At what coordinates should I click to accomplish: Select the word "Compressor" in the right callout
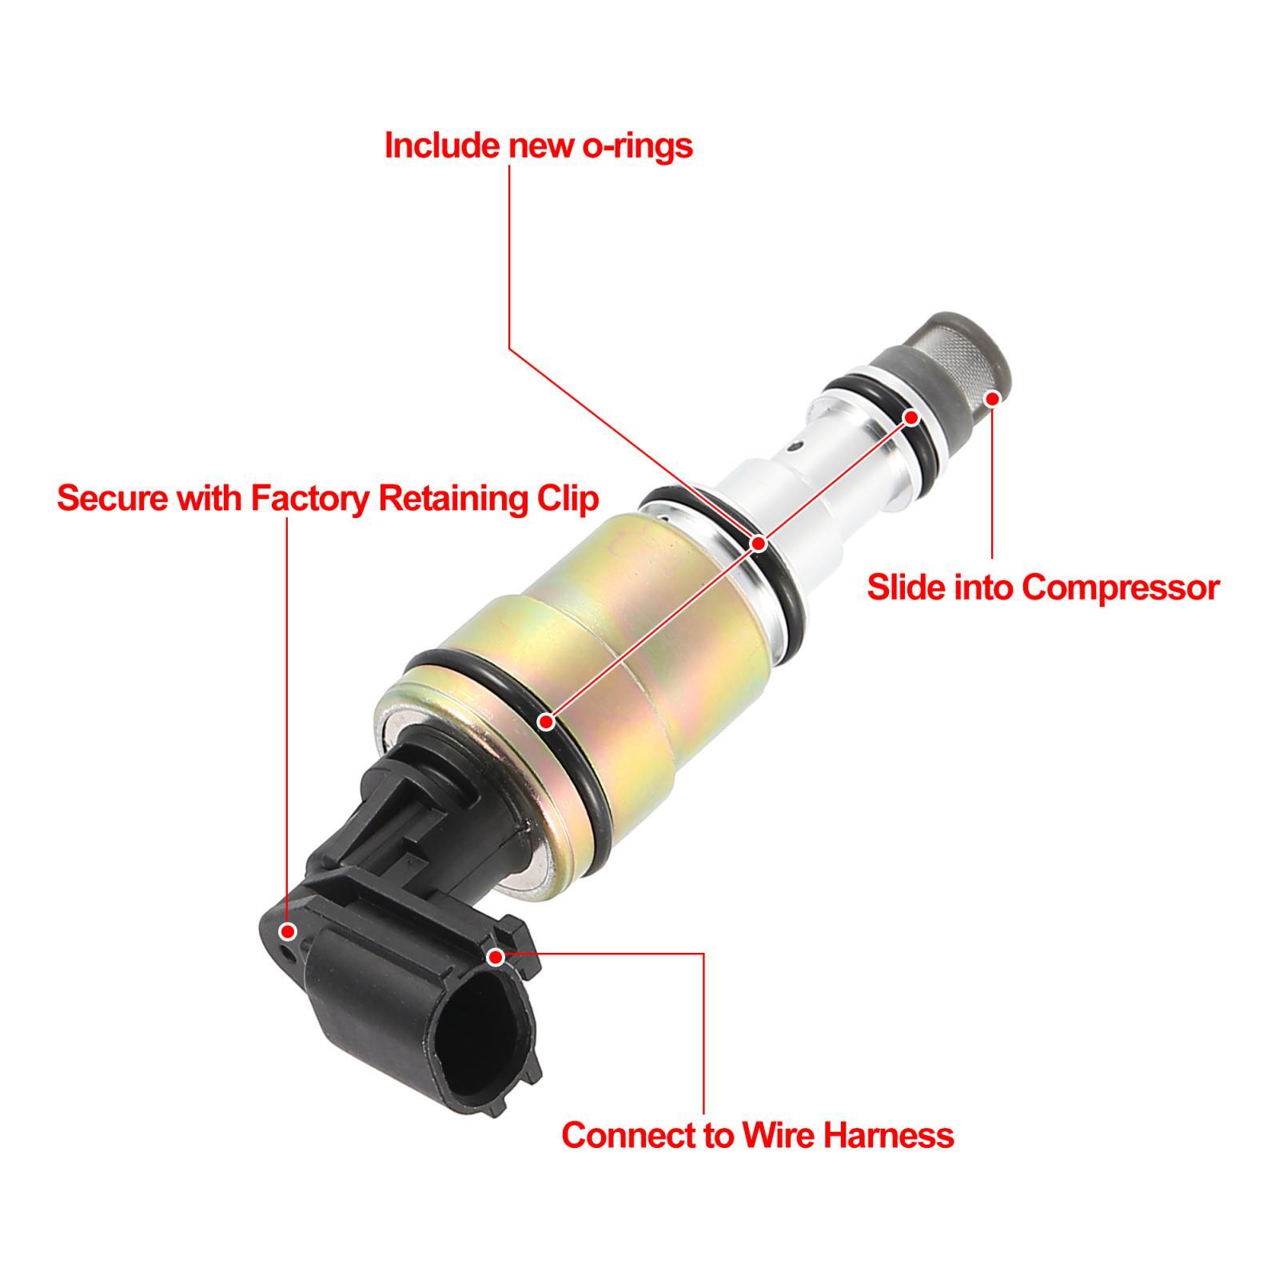(1121, 588)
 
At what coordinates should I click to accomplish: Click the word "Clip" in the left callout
(564, 498)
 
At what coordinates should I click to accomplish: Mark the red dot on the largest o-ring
(547, 722)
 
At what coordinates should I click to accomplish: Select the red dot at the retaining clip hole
(289, 931)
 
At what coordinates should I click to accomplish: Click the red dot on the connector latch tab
(496, 956)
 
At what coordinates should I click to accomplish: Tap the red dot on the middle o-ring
(759, 544)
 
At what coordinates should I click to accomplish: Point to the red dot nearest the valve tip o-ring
(912, 416)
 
